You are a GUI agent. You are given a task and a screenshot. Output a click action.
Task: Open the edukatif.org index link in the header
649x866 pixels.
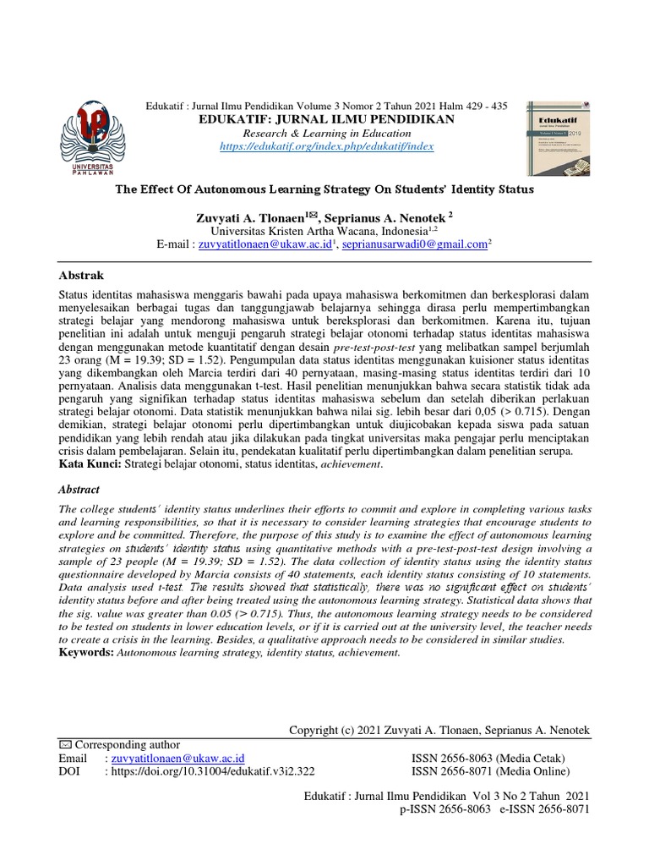(325, 146)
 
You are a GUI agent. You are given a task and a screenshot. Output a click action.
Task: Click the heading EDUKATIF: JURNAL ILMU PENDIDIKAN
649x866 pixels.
(325, 120)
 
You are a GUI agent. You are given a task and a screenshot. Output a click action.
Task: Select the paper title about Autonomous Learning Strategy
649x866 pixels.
(324, 189)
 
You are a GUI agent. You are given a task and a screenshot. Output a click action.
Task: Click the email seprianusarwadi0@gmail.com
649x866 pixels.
(415, 244)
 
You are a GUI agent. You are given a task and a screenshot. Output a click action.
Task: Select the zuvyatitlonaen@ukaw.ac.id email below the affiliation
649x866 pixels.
(263, 244)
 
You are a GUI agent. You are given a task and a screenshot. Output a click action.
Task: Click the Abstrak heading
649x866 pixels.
(81, 276)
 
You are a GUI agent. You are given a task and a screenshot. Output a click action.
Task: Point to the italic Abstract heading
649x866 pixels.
(79, 489)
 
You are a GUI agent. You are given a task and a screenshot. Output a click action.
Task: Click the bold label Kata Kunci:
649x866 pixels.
(87, 464)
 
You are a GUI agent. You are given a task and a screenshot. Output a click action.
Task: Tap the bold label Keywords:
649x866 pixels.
(85, 654)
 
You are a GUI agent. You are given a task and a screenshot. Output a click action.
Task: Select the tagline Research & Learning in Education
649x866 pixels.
(325, 134)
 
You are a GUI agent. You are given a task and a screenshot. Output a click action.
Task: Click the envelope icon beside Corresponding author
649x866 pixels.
(65, 745)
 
